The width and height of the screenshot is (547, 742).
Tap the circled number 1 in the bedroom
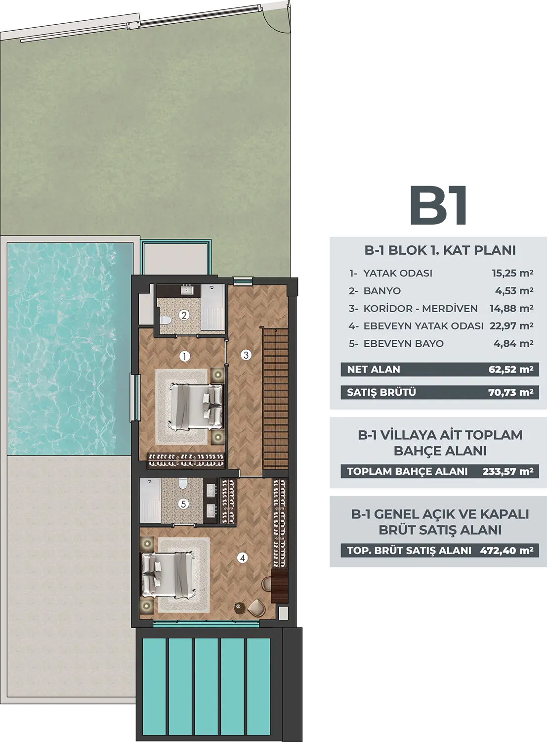point(184,357)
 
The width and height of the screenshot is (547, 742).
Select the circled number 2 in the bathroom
point(184,315)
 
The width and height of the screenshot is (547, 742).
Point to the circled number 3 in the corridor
point(246,355)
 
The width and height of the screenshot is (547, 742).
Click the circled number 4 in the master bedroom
point(243,557)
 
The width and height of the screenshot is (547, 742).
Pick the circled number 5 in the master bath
point(183,504)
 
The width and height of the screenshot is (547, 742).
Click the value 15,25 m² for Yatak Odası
point(512,273)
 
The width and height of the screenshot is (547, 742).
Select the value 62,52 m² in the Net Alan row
point(510,370)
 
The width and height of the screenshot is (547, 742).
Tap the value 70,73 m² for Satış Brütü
point(510,392)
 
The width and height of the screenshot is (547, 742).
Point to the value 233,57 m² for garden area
point(508,471)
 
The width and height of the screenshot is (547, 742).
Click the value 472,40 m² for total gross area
point(506,550)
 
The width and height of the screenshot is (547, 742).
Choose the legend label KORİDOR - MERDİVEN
point(421,308)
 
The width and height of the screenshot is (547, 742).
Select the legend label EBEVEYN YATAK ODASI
point(423,326)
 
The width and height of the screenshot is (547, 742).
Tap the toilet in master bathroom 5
point(183,484)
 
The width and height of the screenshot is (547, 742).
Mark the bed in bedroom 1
point(196,407)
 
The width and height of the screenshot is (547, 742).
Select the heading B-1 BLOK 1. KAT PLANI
point(440,250)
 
